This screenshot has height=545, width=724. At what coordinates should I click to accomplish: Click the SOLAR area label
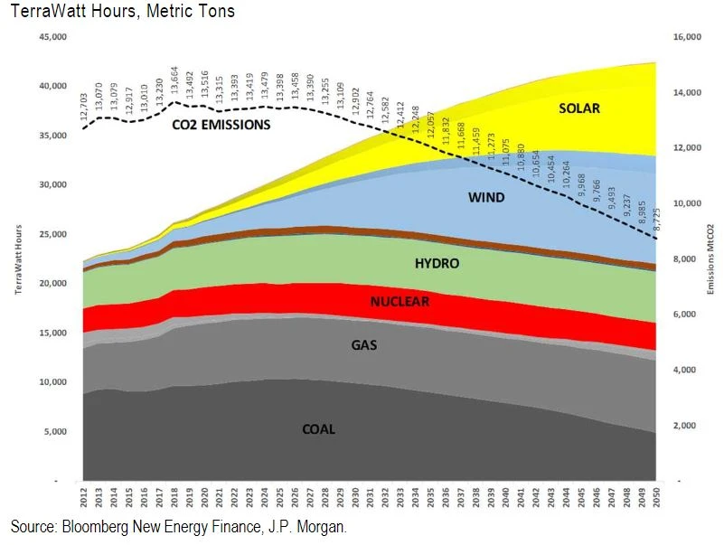point(579,108)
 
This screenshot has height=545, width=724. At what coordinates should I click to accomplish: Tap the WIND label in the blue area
point(486,198)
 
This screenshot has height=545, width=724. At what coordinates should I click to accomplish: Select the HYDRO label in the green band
point(437,264)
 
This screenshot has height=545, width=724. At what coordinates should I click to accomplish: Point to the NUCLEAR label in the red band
point(400,301)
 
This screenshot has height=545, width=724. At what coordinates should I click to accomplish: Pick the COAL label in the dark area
point(318,429)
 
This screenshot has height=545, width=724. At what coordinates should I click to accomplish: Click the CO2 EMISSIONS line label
point(221,125)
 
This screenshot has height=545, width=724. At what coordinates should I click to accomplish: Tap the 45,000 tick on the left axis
point(52,37)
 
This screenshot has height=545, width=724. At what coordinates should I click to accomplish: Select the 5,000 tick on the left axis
point(54,431)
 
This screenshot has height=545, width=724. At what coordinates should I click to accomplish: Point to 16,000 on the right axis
point(688,37)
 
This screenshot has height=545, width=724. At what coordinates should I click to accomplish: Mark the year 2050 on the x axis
point(657,497)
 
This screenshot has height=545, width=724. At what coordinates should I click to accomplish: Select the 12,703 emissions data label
point(84,108)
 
